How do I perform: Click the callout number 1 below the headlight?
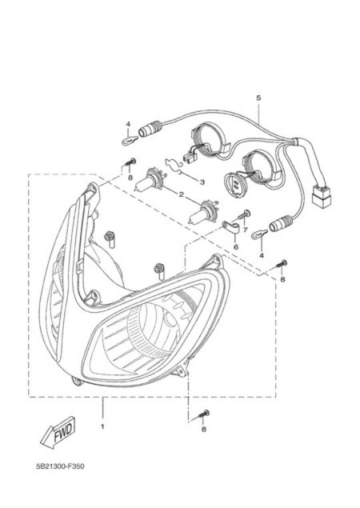pos(103,427)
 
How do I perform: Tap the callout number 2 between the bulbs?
pos(181,195)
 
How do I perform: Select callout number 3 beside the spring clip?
pos(202,182)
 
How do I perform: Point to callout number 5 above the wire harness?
pos(258,98)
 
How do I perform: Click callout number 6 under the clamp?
pos(236,247)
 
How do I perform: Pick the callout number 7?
pos(245,230)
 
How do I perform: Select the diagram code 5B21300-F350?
pos(60,467)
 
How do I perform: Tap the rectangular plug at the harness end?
pos(321,195)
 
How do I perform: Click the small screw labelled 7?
pos(244,215)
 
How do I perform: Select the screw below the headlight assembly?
pos(203,415)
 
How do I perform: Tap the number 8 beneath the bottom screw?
pos(203,429)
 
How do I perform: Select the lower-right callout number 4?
pos(261,255)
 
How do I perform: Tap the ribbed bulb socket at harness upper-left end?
pos(150,128)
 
